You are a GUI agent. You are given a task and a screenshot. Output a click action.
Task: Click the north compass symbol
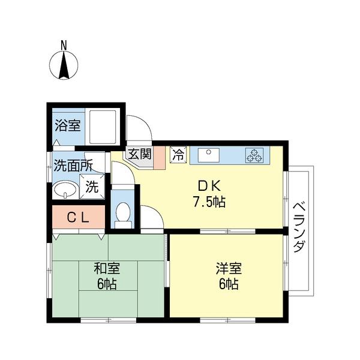[x=64, y=65]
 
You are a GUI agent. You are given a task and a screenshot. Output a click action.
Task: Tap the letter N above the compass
[x=64, y=44]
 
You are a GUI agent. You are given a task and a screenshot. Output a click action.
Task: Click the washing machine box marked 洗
[x=91, y=186]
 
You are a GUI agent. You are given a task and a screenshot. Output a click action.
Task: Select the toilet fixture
[x=123, y=214]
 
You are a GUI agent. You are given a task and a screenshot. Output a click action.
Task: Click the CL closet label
[x=77, y=218]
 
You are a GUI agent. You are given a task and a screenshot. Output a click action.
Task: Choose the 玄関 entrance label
[x=139, y=154]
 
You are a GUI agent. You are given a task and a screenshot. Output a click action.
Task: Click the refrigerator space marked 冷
[x=178, y=154]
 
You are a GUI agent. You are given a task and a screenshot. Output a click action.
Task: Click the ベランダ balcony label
[x=299, y=228]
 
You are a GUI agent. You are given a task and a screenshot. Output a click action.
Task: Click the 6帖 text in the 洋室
[x=228, y=284]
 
